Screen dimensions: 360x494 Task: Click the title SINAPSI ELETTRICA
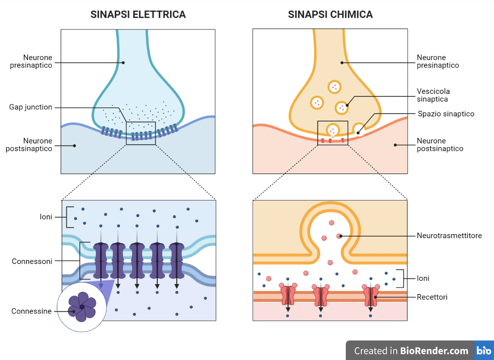(x=138, y=15)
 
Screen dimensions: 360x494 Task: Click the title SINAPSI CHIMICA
(x=330, y=15)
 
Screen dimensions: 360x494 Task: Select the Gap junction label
(x=31, y=107)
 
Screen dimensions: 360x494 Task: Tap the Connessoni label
(x=32, y=261)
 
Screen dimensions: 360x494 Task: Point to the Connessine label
(x=32, y=311)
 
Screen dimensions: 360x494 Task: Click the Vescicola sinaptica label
(x=433, y=95)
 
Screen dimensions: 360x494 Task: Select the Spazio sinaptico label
(x=446, y=114)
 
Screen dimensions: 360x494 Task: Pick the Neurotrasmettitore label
(x=449, y=236)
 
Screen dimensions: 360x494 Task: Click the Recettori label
(x=432, y=297)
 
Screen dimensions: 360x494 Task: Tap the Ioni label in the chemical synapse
(x=423, y=278)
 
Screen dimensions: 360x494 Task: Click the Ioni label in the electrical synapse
(x=46, y=217)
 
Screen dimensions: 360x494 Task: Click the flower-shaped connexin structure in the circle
(x=82, y=307)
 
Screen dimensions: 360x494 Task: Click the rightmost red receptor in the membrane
(x=371, y=295)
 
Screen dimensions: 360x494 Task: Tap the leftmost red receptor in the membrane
(x=288, y=295)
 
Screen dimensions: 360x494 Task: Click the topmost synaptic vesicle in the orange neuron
(x=335, y=87)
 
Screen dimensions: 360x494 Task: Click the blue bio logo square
(x=484, y=351)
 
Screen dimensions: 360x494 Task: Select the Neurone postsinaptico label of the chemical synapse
(x=440, y=145)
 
